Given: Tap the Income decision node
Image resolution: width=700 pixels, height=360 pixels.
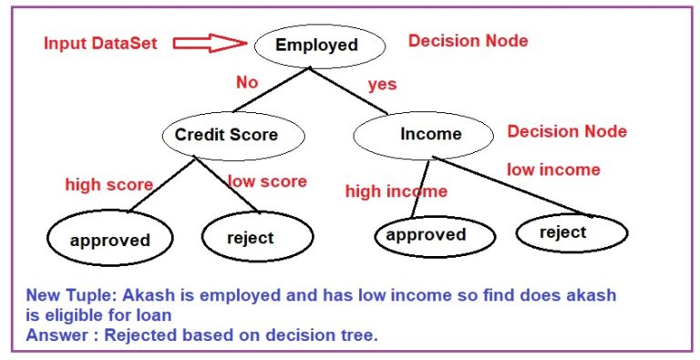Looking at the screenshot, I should click(430, 134).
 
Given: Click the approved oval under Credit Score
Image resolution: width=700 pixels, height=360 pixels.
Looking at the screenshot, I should click(109, 241).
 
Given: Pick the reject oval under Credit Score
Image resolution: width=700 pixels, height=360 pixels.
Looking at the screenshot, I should click(250, 238).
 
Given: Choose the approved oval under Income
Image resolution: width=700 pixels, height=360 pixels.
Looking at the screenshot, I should click(426, 235).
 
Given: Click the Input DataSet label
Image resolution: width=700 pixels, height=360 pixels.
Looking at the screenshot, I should click(100, 43).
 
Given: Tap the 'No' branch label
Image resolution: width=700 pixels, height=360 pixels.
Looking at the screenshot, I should click(247, 82).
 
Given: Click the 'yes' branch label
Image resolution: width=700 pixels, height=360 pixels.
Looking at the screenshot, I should click(382, 85).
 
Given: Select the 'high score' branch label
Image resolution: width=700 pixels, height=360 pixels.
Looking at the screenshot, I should click(108, 185).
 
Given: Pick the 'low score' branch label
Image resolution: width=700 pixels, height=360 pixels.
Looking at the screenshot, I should click(267, 181).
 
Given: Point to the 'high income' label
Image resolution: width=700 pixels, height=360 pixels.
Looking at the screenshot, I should click(396, 191).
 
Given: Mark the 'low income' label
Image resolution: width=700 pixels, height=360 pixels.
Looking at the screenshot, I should click(553, 170).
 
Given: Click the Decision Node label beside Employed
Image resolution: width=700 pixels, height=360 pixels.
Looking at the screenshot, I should click(468, 41).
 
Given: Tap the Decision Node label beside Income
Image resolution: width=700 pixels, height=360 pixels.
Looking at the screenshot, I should click(567, 131).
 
